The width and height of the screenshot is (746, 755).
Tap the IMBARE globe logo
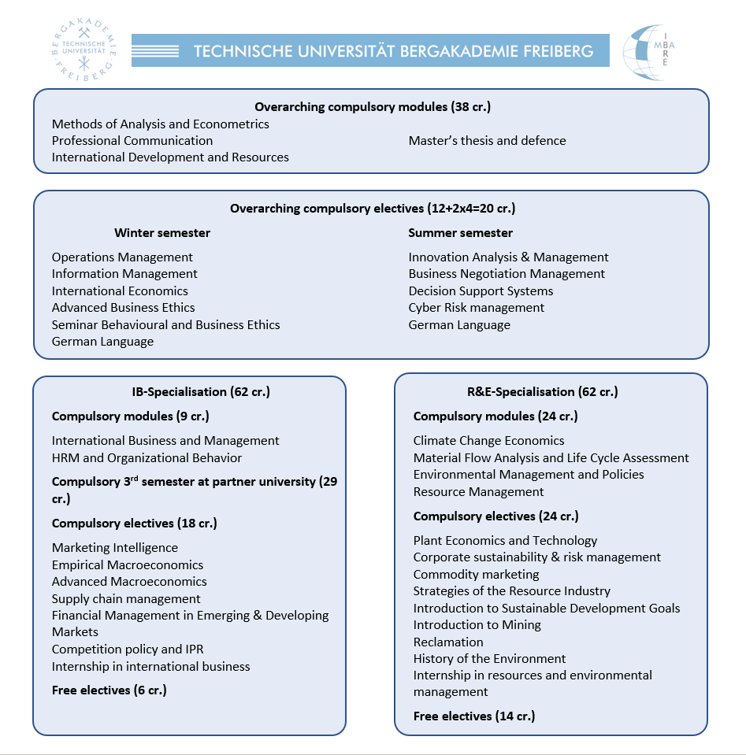pos(648,52)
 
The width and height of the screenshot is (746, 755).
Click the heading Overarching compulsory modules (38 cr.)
pos(372,107)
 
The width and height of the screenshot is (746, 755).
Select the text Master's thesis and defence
pos(487,141)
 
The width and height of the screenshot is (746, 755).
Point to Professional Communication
pos(132,141)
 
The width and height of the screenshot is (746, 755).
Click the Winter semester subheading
pos(162,233)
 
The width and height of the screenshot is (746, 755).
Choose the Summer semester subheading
pos(460,233)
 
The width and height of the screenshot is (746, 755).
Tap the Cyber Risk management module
pos(476,308)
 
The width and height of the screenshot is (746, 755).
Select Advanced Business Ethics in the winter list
pos(123,308)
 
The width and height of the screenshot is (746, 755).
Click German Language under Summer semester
pos(459,325)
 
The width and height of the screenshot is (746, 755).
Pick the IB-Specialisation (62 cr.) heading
pos(201,391)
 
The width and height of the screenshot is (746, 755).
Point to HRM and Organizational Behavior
pos(147,458)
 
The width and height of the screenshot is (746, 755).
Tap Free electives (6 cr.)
pos(109,690)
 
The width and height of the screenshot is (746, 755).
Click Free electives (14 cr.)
pos(474,716)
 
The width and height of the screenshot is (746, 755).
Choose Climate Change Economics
pos(488,441)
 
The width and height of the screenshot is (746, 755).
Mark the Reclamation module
pos(448,642)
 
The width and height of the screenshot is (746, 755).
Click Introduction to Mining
pos(477,625)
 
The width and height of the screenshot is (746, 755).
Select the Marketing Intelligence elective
pos(115,548)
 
